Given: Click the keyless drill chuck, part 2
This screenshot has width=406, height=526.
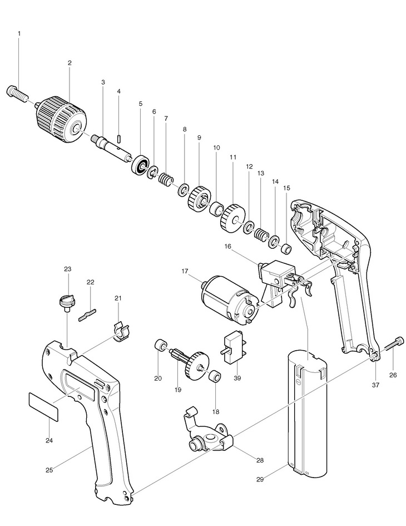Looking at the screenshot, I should click(x=62, y=117).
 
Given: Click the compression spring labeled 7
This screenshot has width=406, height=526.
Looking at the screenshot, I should click(x=165, y=180).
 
